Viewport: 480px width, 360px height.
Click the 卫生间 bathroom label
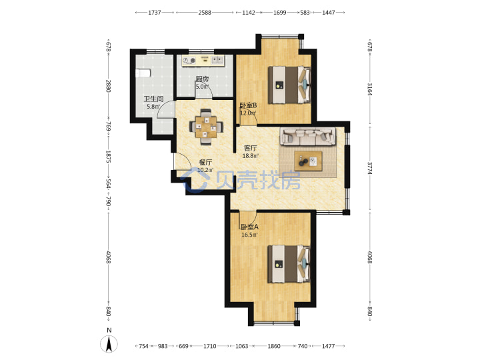(x=153, y=99)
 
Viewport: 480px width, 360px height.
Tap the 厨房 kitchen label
(x=203, y=79)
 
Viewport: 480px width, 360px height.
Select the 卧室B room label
(x=248, y=105)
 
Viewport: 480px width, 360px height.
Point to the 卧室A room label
(x=249, y=227)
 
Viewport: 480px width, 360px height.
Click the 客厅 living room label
(x=250, y=148)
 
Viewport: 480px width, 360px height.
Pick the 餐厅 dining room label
(x=205, y=163)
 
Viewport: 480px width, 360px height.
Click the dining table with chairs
(x=206, y=127)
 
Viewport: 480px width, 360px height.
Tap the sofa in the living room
(x=307, y=136)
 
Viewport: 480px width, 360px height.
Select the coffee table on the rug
(x=308, y=161)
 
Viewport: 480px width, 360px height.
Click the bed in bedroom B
(x=289, y=85)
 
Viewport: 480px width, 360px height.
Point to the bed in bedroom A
(x=289, y=264)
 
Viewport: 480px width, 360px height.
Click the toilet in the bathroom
(x=143, y=73)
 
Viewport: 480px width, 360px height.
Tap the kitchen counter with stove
(x=203, y=60)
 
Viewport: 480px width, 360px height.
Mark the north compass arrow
(x=109, y=344)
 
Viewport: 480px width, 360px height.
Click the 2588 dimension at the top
(x=205, y=13)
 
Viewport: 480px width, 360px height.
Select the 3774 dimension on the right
(x=370, y=168)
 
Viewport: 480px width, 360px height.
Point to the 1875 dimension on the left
(x=108, y=157)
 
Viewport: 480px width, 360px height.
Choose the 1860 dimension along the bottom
(x=274, y=346)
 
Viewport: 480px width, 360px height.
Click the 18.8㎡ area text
(x=251, y=156)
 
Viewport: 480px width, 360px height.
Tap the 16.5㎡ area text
(x=249, y=235)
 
